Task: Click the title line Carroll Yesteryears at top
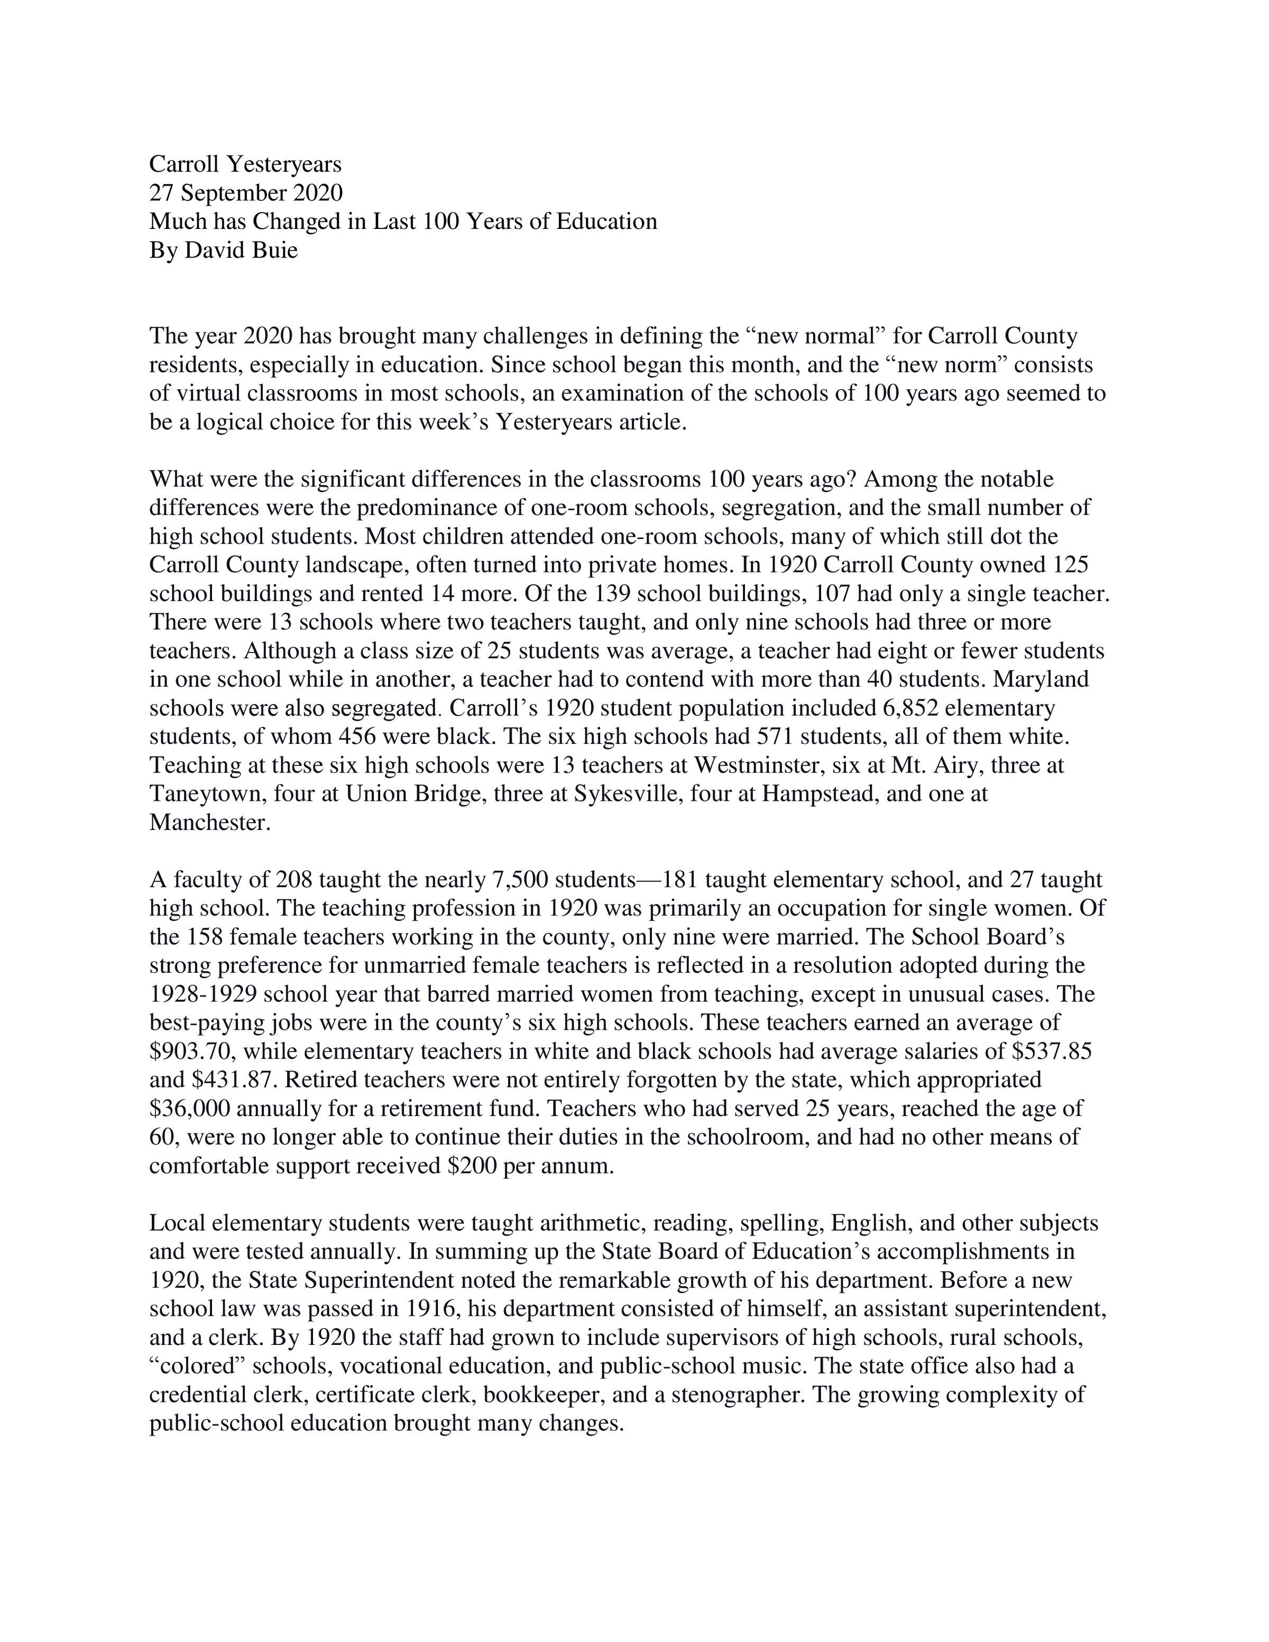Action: [x=245, y=164]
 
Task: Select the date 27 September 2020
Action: [x=246, y=192]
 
